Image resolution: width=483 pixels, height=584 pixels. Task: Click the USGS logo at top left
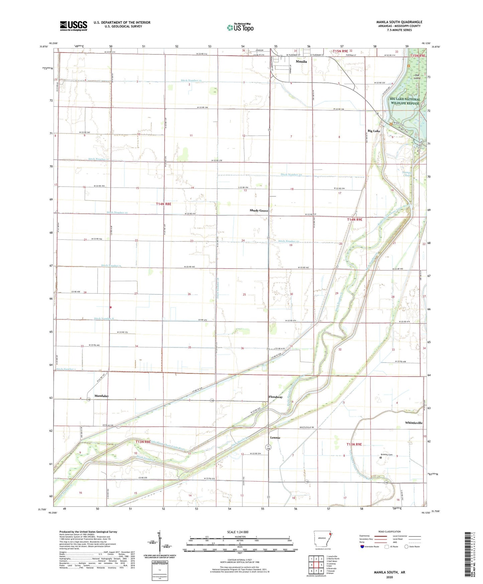pyautogui.click(x=74, y=26)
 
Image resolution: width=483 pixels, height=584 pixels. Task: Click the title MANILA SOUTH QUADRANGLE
pyautogui.click(x=399, y=22)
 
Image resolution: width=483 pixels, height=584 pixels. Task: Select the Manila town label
pyautogui.click(x=301, y=62)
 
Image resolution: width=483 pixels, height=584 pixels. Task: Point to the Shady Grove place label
pyautogui.click(x=259, y=211)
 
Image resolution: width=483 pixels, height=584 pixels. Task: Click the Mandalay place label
pyautogui.click(x=101, y=396)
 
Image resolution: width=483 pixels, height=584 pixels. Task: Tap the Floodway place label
pyautogui.click(x=275, y=397)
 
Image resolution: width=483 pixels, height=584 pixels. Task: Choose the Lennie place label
pyautogui.click(x=275, y=437)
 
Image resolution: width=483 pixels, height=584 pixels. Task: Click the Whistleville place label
pyautogui.click(x=413, y=423)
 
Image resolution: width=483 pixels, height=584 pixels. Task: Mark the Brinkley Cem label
pyautogui.click(x=387, y=455)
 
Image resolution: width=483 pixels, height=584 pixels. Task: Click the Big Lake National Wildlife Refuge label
pyautogui.click(x=405, y=101)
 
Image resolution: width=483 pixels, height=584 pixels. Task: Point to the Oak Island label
pyautogui.click(x=417, y=77)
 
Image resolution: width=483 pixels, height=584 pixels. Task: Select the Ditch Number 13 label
pyautogui.click(x=191, y=81)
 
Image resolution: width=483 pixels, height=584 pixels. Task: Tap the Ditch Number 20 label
pyautogui.click(x=291, y=175)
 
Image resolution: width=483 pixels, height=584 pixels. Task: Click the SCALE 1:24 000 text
pyautogui.click(x=237, y=532)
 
